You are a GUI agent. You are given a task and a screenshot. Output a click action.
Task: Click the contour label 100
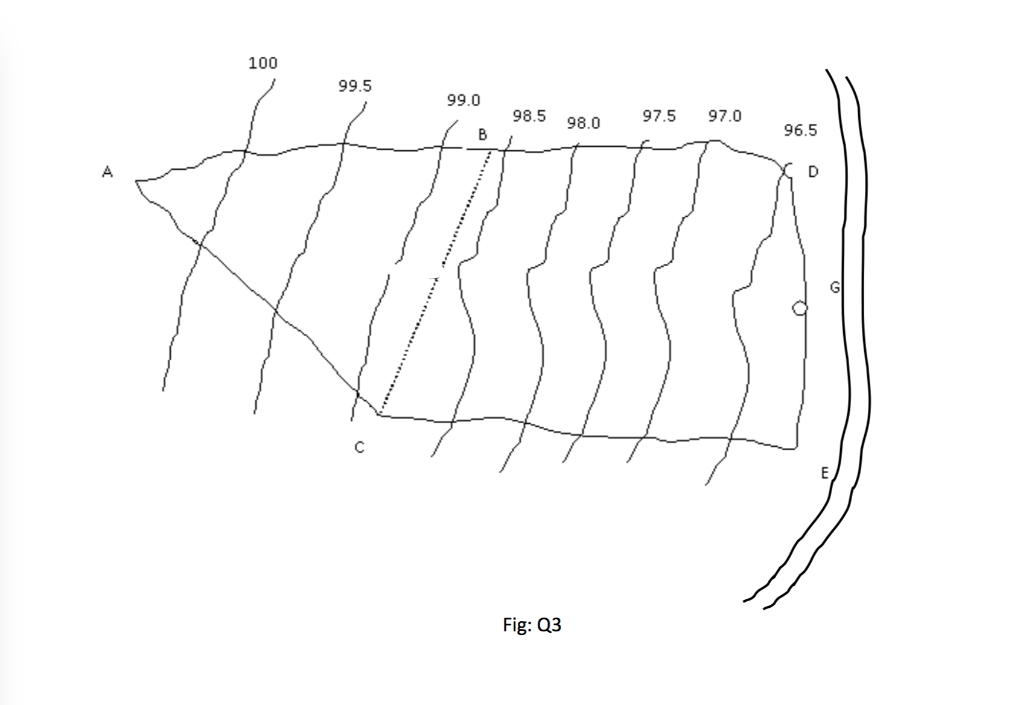click(x=263, y=63)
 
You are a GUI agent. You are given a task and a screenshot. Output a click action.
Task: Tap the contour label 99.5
click(x=355, y=86)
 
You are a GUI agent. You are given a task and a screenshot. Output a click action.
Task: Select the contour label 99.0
click(x=464, y=100)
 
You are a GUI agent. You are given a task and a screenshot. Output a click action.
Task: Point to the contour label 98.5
click(x=529, y=116)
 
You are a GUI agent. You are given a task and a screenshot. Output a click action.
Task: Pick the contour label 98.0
click(x=584, y=123)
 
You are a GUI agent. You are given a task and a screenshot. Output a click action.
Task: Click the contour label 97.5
click(x=659, y=116)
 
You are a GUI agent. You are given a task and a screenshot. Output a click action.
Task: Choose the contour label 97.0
click(x=725, y=116)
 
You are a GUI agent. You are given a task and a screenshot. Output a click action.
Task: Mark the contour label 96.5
click(x=800, y=130)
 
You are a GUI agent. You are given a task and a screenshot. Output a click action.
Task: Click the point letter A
click(x=107, y=172)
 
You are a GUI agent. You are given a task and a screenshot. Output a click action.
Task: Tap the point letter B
click(x=482, y=135)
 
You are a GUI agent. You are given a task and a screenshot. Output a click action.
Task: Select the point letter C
click(x=359, y=447)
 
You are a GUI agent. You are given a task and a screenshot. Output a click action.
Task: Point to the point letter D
click(x=813, y=172)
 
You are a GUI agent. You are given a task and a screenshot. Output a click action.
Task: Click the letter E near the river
click(x=824, y=473)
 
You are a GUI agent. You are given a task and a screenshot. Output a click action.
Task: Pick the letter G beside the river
click(x=835, y=287)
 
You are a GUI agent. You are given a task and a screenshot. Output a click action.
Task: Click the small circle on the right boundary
click(x=799, y=308)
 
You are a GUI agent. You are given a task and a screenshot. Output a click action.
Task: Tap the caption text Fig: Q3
click(x=532, y=625)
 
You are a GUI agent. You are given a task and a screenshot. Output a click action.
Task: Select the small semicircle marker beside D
click(x=788, y=170)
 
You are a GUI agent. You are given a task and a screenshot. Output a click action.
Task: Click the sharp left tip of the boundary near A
click(x=136, y=180)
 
